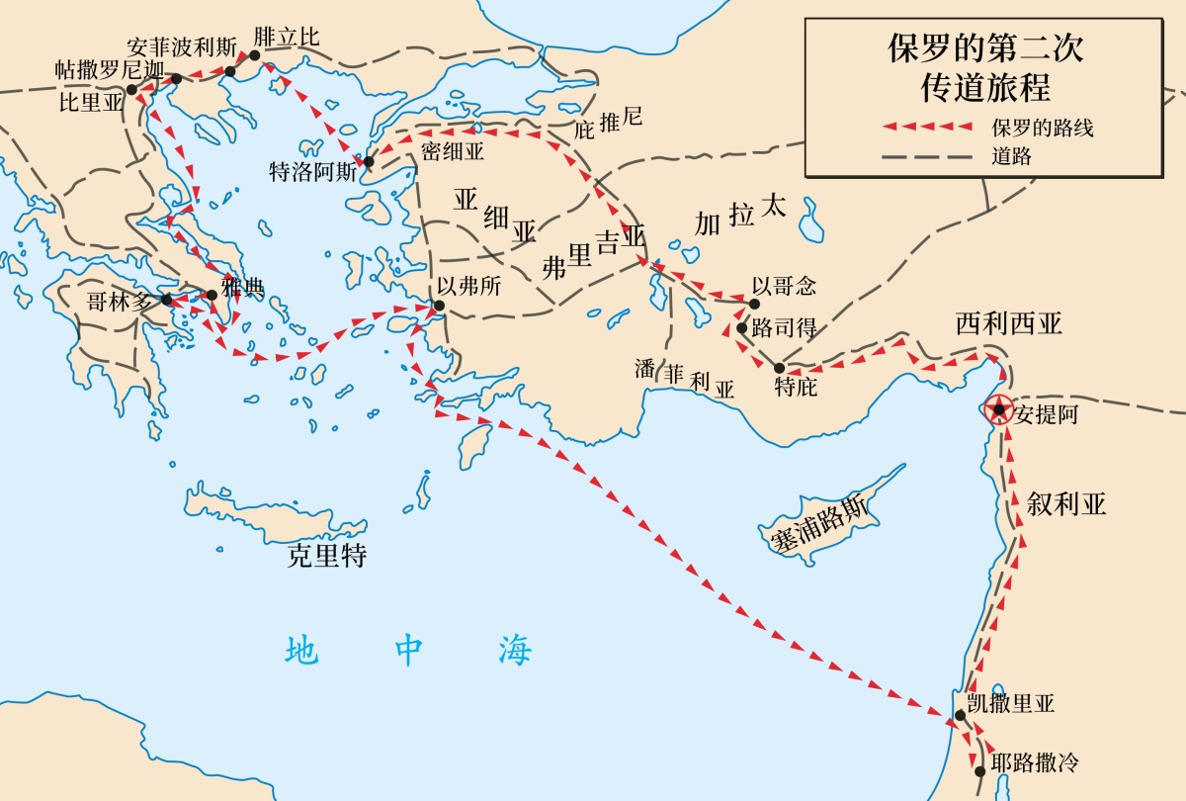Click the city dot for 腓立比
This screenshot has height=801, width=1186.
click(254, 55)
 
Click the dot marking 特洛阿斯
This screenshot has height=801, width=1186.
click(369, 161)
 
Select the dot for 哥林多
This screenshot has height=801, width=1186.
click(167, 299)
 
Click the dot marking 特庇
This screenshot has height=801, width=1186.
click(779, 367)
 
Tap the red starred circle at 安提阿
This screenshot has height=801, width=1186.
click(999, 408)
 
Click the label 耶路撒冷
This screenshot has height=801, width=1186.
click(1034, 762)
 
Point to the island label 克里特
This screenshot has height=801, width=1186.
click(327, 556)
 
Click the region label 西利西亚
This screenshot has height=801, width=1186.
click(1008, 324)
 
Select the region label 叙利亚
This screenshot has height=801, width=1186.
click(1065, 503)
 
